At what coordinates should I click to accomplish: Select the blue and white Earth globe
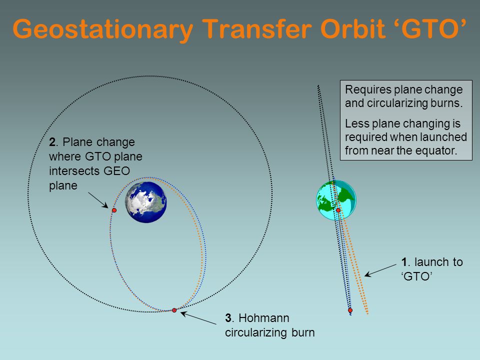(x=146, y=202)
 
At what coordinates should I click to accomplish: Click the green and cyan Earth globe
(x=336, y=200)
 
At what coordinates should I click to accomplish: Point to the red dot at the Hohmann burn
(x=174, y=310)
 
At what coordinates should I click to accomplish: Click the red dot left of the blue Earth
(x=114, y=210)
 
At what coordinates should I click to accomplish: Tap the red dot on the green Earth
(x=338, y=210)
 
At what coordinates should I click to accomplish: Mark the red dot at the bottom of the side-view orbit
(x=350, y=310)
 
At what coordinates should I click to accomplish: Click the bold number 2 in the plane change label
(x=52, y=142)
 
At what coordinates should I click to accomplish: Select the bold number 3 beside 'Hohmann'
(x=228, y=318)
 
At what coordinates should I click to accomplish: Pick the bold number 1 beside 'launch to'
(x=404, y=262)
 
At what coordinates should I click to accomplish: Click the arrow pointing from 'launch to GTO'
(x=380, y=270)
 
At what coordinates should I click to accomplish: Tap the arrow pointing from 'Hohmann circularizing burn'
(x=198, y=318)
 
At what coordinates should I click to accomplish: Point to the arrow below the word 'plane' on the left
(x=98, y=200)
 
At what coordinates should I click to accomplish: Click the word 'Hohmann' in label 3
(x=264, y=318)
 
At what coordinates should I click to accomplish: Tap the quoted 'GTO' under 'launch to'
(x=416, y=276)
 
